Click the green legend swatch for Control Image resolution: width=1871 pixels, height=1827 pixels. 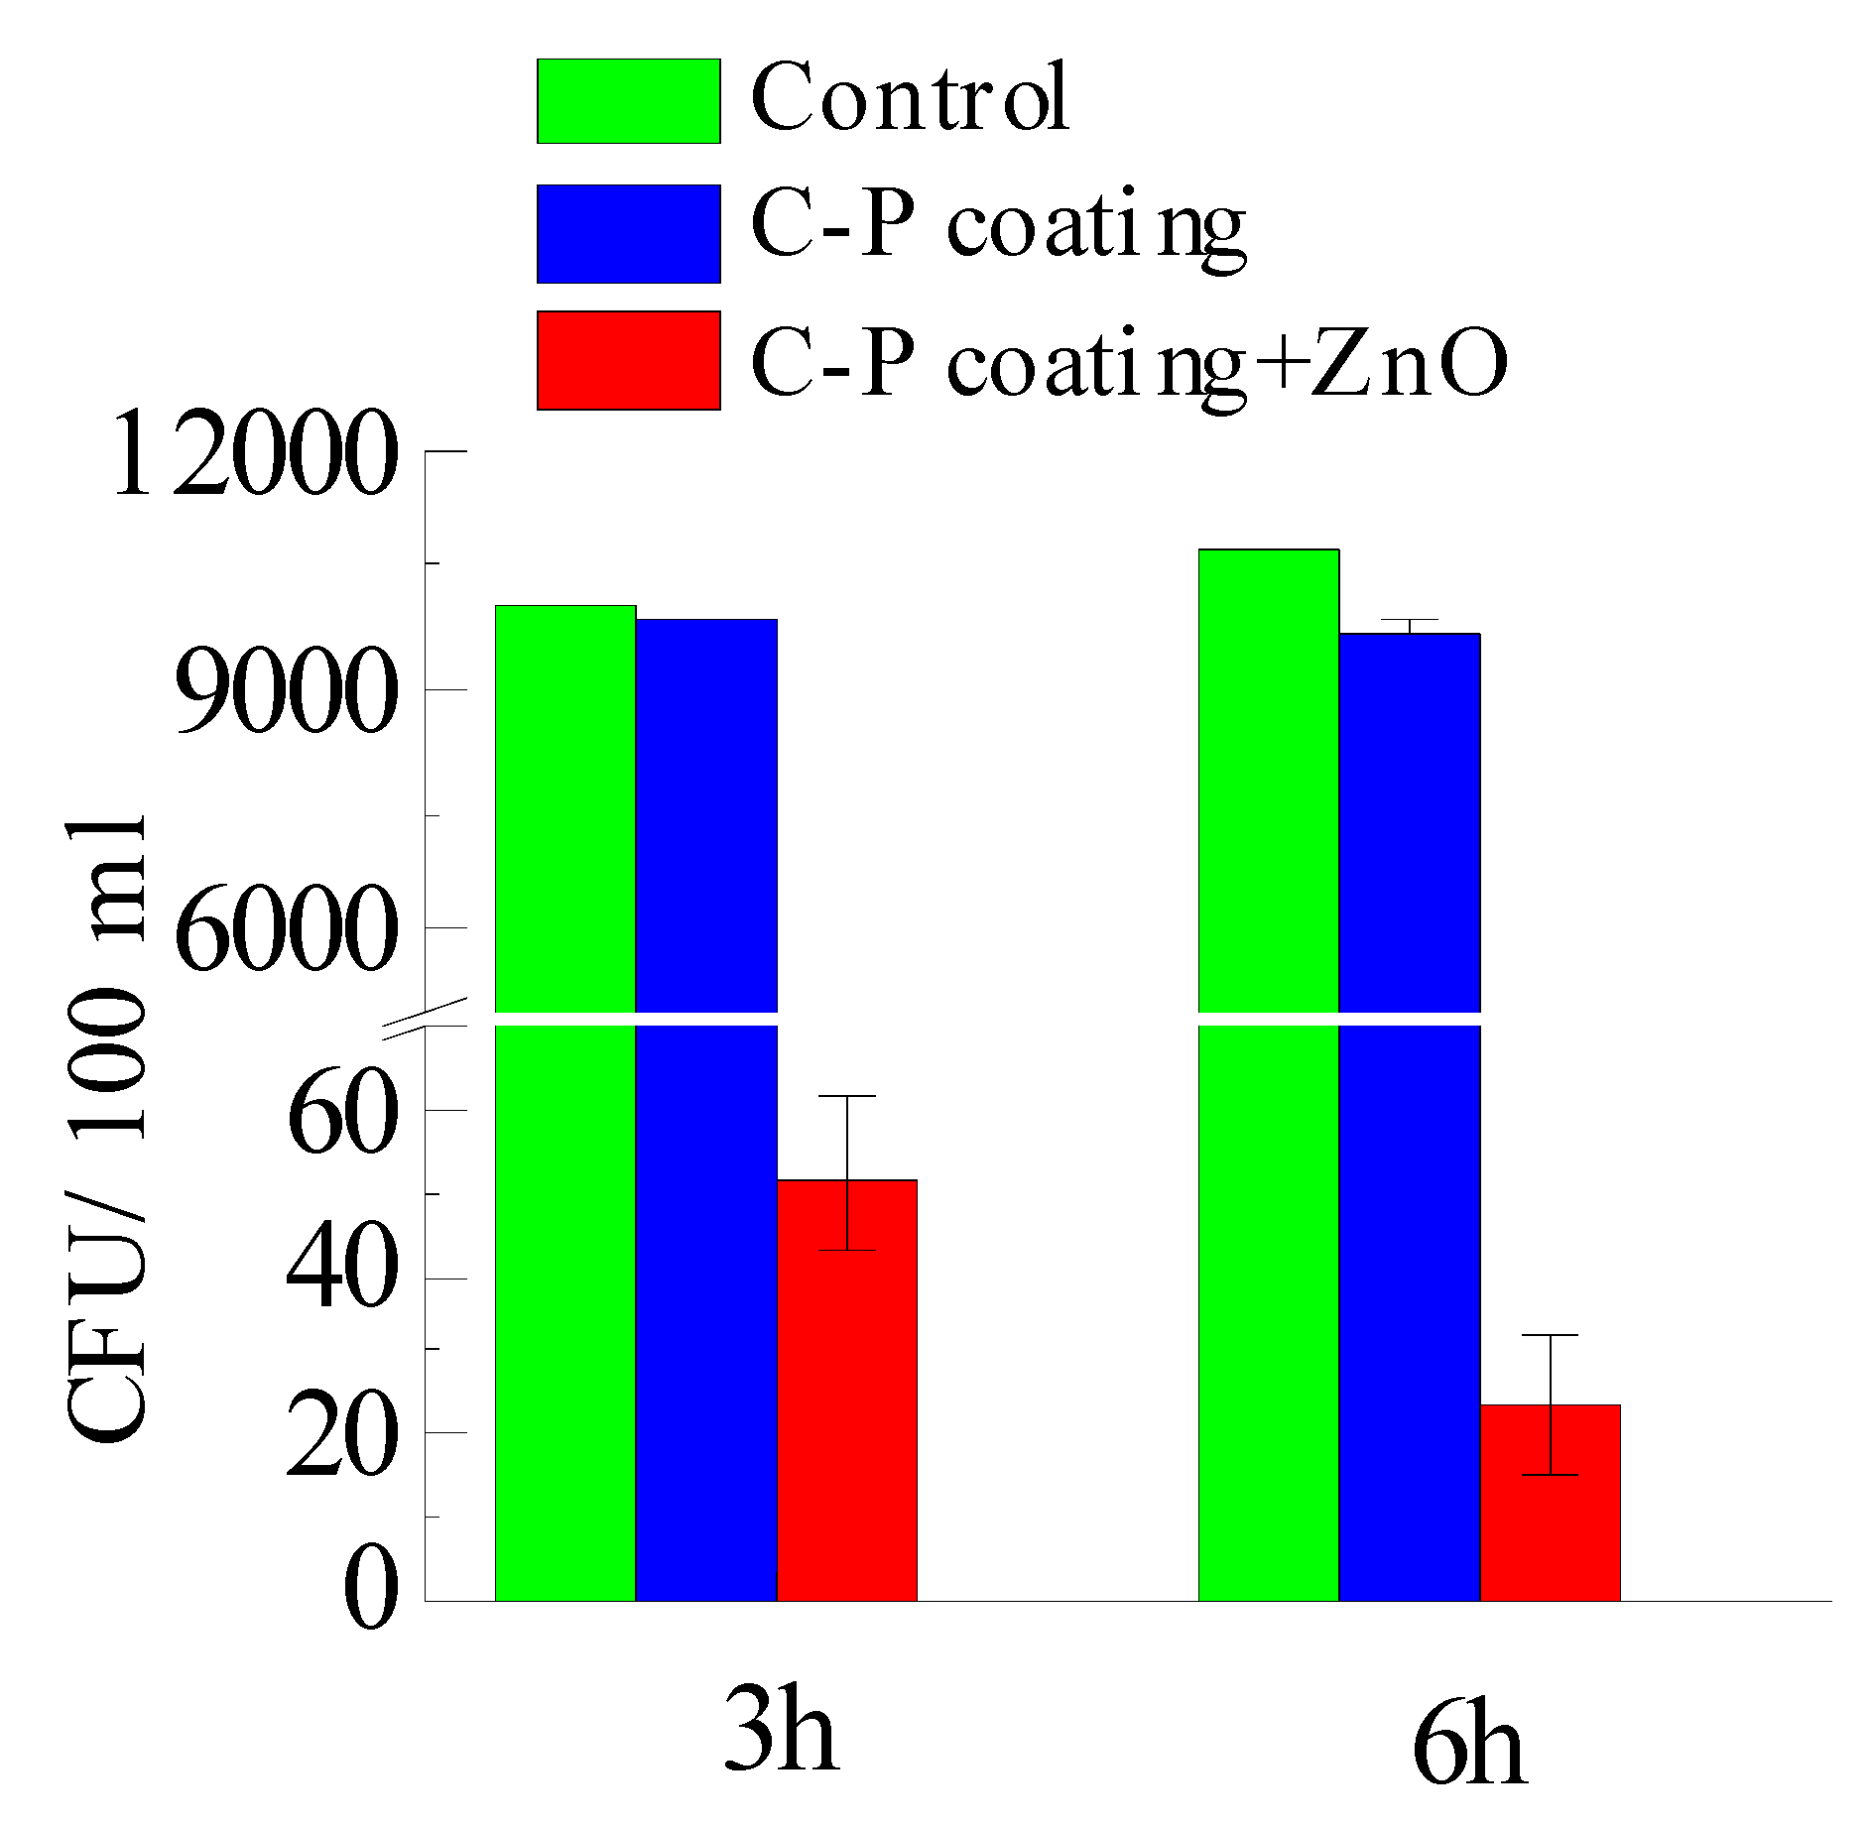[x=628, y=101]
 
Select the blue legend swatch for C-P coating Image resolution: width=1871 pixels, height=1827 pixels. [x=628, y=233]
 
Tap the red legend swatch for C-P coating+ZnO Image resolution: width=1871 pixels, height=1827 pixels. [x=628, y=360]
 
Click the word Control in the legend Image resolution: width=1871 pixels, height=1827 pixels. [x=910, y=97]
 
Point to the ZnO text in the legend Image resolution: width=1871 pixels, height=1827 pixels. [x=1409, y=363]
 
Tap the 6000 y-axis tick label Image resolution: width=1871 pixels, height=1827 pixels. [x=287, y=929]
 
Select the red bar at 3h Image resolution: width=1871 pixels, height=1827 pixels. [x=846, y=1389]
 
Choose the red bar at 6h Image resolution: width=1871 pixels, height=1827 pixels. [x=1550, y=1503]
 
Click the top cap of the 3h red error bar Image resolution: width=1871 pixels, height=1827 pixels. [x=847, y=1097]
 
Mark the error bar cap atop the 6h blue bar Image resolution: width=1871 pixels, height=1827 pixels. [x=1410, y=620]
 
